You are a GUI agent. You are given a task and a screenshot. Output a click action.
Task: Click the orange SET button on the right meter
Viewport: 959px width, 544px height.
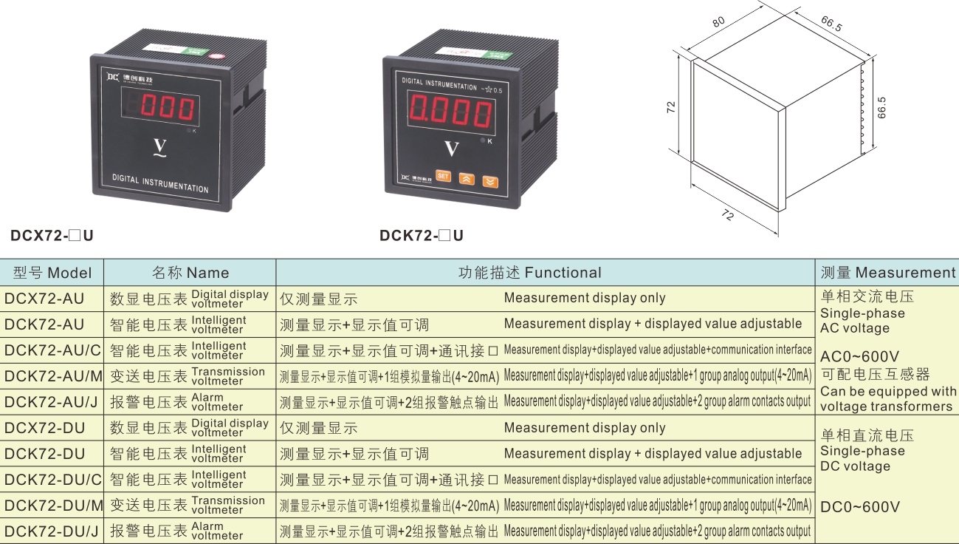coord(443,176)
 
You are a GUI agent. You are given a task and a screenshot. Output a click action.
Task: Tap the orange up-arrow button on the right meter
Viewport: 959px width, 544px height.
coord(467,179)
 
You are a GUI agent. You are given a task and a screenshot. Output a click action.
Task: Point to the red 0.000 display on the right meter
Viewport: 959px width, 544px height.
coord(450,112)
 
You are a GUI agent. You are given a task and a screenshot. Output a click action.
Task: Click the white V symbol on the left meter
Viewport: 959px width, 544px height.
coord(159,149)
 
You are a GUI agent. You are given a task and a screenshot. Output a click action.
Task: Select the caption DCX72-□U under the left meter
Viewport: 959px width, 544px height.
coord(52,235)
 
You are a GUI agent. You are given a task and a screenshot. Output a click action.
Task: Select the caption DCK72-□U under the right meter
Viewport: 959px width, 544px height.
coord(422,235)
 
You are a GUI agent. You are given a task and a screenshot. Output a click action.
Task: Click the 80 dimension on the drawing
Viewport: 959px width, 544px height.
coord(719,21)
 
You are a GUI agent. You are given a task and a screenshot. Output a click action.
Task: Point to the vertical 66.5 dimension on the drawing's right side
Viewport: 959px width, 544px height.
coord(881,108)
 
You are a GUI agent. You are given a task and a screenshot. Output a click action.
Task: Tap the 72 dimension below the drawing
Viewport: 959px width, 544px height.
coord(728,214)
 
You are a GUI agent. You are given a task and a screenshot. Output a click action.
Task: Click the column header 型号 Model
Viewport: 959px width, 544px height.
coord(52,273)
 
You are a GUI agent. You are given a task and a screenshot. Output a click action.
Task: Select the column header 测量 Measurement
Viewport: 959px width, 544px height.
coord(888,273)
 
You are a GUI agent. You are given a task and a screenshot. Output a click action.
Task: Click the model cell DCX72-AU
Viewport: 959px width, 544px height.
coord(44,299)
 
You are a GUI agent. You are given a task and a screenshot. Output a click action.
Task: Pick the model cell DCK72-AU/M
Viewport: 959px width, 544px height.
coord(53,376)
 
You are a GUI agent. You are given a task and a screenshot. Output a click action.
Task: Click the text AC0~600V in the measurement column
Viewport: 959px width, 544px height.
coord(859,356)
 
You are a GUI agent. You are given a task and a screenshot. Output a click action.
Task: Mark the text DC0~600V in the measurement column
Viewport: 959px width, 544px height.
coord(860,507)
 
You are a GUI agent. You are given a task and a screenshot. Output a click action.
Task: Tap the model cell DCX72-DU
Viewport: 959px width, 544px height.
coord(44,428)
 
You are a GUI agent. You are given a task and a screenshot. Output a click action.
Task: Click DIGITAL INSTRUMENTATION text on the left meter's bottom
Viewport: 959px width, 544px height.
coord(160,183)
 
